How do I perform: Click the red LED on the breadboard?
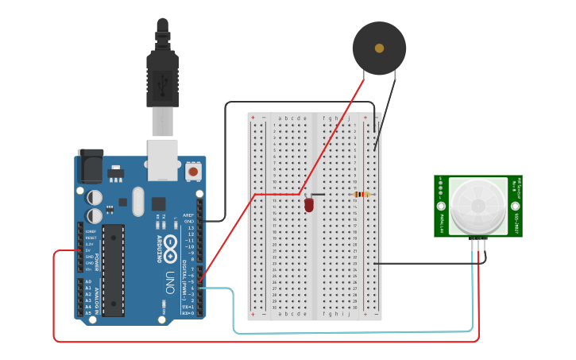(x=309, y=205)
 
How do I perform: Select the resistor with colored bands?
(x=362, y=194)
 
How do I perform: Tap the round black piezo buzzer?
(x=379, y=48)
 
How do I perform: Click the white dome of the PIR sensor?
(x=477, y=205)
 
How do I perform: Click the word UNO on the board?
(x=170, y=282)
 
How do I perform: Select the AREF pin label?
(x=188, y=215)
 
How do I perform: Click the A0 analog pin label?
(x=88, y=281)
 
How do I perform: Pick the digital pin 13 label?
(x=191, y=227)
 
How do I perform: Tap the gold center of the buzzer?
(x=379, y=48)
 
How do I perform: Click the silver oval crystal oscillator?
(x=138, y=201)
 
